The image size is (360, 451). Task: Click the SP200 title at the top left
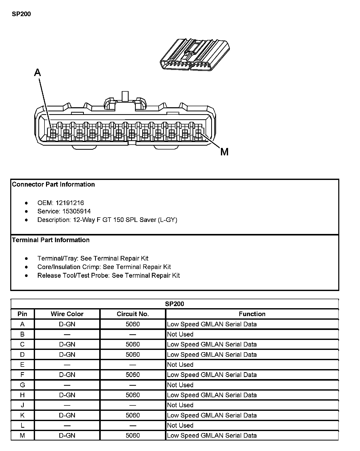tap(21, 14)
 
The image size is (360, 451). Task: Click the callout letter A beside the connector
tap(38, 73)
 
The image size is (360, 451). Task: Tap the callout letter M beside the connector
tap(224, 152)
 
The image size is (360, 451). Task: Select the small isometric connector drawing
tap(195, 55)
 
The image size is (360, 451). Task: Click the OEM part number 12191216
tap(70, 203)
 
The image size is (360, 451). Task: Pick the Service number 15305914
tap(76, 211)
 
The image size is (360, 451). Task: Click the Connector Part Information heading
tap(53, 184)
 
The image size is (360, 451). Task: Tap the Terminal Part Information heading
tap(51, 240)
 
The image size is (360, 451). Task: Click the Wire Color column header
tap(67, 314)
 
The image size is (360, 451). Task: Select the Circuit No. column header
tap(133, 314)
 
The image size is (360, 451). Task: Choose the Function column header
tap(252, 314)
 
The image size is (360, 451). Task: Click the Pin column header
tap(22, 314)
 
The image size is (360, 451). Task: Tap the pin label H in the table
tap(22, 395)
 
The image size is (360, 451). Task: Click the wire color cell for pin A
tap(67, 324)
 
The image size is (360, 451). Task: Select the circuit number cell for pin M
tap(133, 435)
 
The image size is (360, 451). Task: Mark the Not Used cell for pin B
tap(180, 334)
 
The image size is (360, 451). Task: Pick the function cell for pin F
tap(212, 375)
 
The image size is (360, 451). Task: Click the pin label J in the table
tap(22, 405)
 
